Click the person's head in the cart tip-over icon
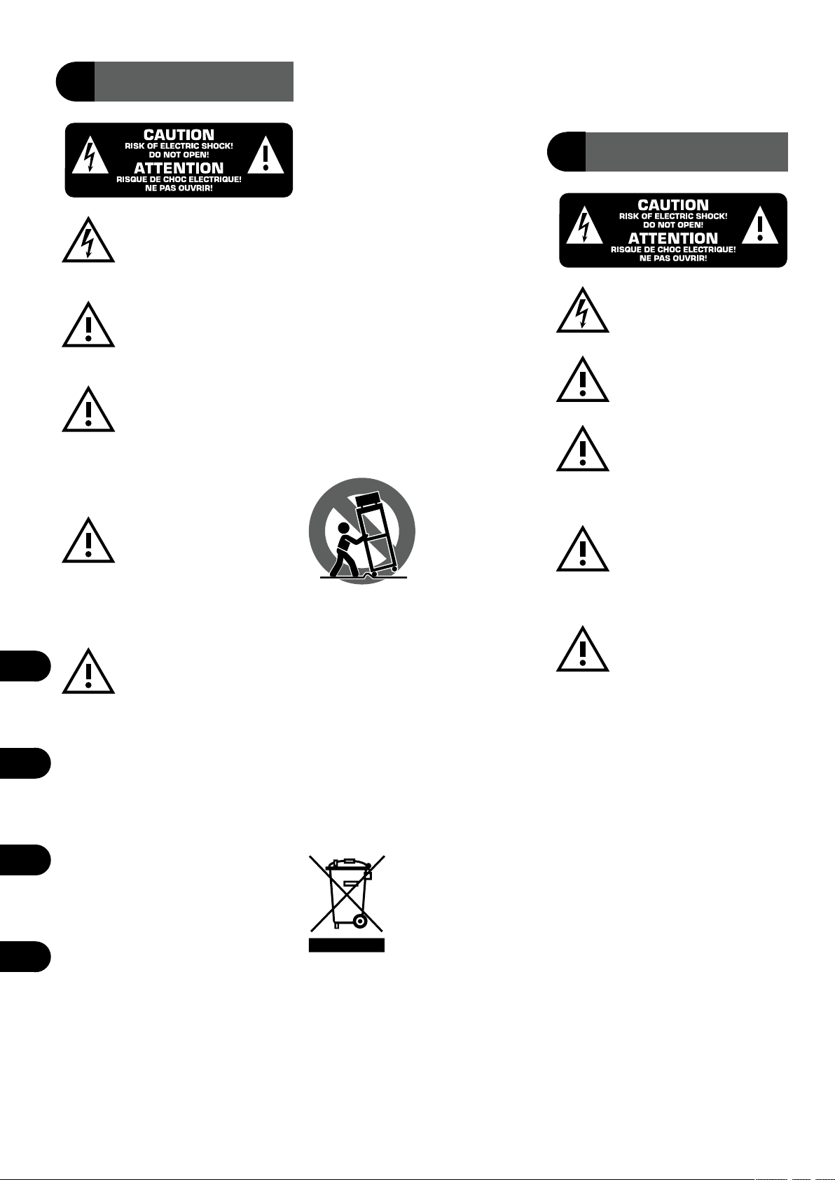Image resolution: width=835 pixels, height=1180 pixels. [x=344, y=528]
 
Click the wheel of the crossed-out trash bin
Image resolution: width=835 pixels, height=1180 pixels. [x=360, y=921]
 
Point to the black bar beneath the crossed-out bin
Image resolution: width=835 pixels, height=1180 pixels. [x=347, y=945]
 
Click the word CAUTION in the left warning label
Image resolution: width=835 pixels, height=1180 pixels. [x=179, y=134]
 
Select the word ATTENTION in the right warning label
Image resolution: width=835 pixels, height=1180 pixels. [x=673, y=238]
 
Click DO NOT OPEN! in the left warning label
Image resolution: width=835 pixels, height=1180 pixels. [x=179, y=155]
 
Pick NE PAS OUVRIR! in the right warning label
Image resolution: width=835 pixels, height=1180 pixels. [x=673, y=258]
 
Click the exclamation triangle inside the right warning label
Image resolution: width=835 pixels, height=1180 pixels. [x=760, y=225]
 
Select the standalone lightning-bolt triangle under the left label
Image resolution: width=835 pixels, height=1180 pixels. [x=88, y=242]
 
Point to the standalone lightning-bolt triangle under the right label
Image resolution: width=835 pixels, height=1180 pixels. [x=583, y=311]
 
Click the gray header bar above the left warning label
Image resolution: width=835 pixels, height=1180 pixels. [x=193, y=82]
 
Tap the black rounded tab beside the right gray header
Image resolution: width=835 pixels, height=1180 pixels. [x=565, y=151]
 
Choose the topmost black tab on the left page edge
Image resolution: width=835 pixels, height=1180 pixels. [x=25, y=665]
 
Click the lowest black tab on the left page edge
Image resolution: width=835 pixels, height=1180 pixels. [x=25, y=957]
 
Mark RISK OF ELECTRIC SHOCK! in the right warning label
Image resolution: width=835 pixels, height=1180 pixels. [x=673, y=216]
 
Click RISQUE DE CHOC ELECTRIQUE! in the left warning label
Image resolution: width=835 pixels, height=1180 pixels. [x=179, y=179]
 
